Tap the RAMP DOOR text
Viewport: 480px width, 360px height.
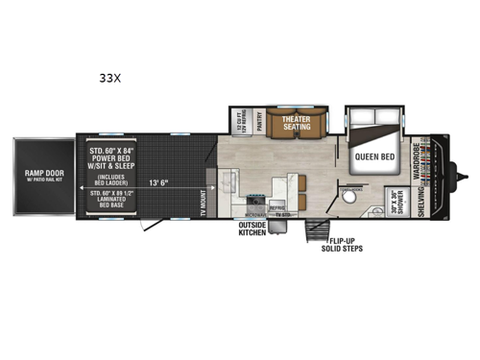[x=38, y=174]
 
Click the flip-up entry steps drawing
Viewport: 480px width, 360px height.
[x=313, y=231]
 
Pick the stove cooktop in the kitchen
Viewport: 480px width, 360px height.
[x=257, y=204]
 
